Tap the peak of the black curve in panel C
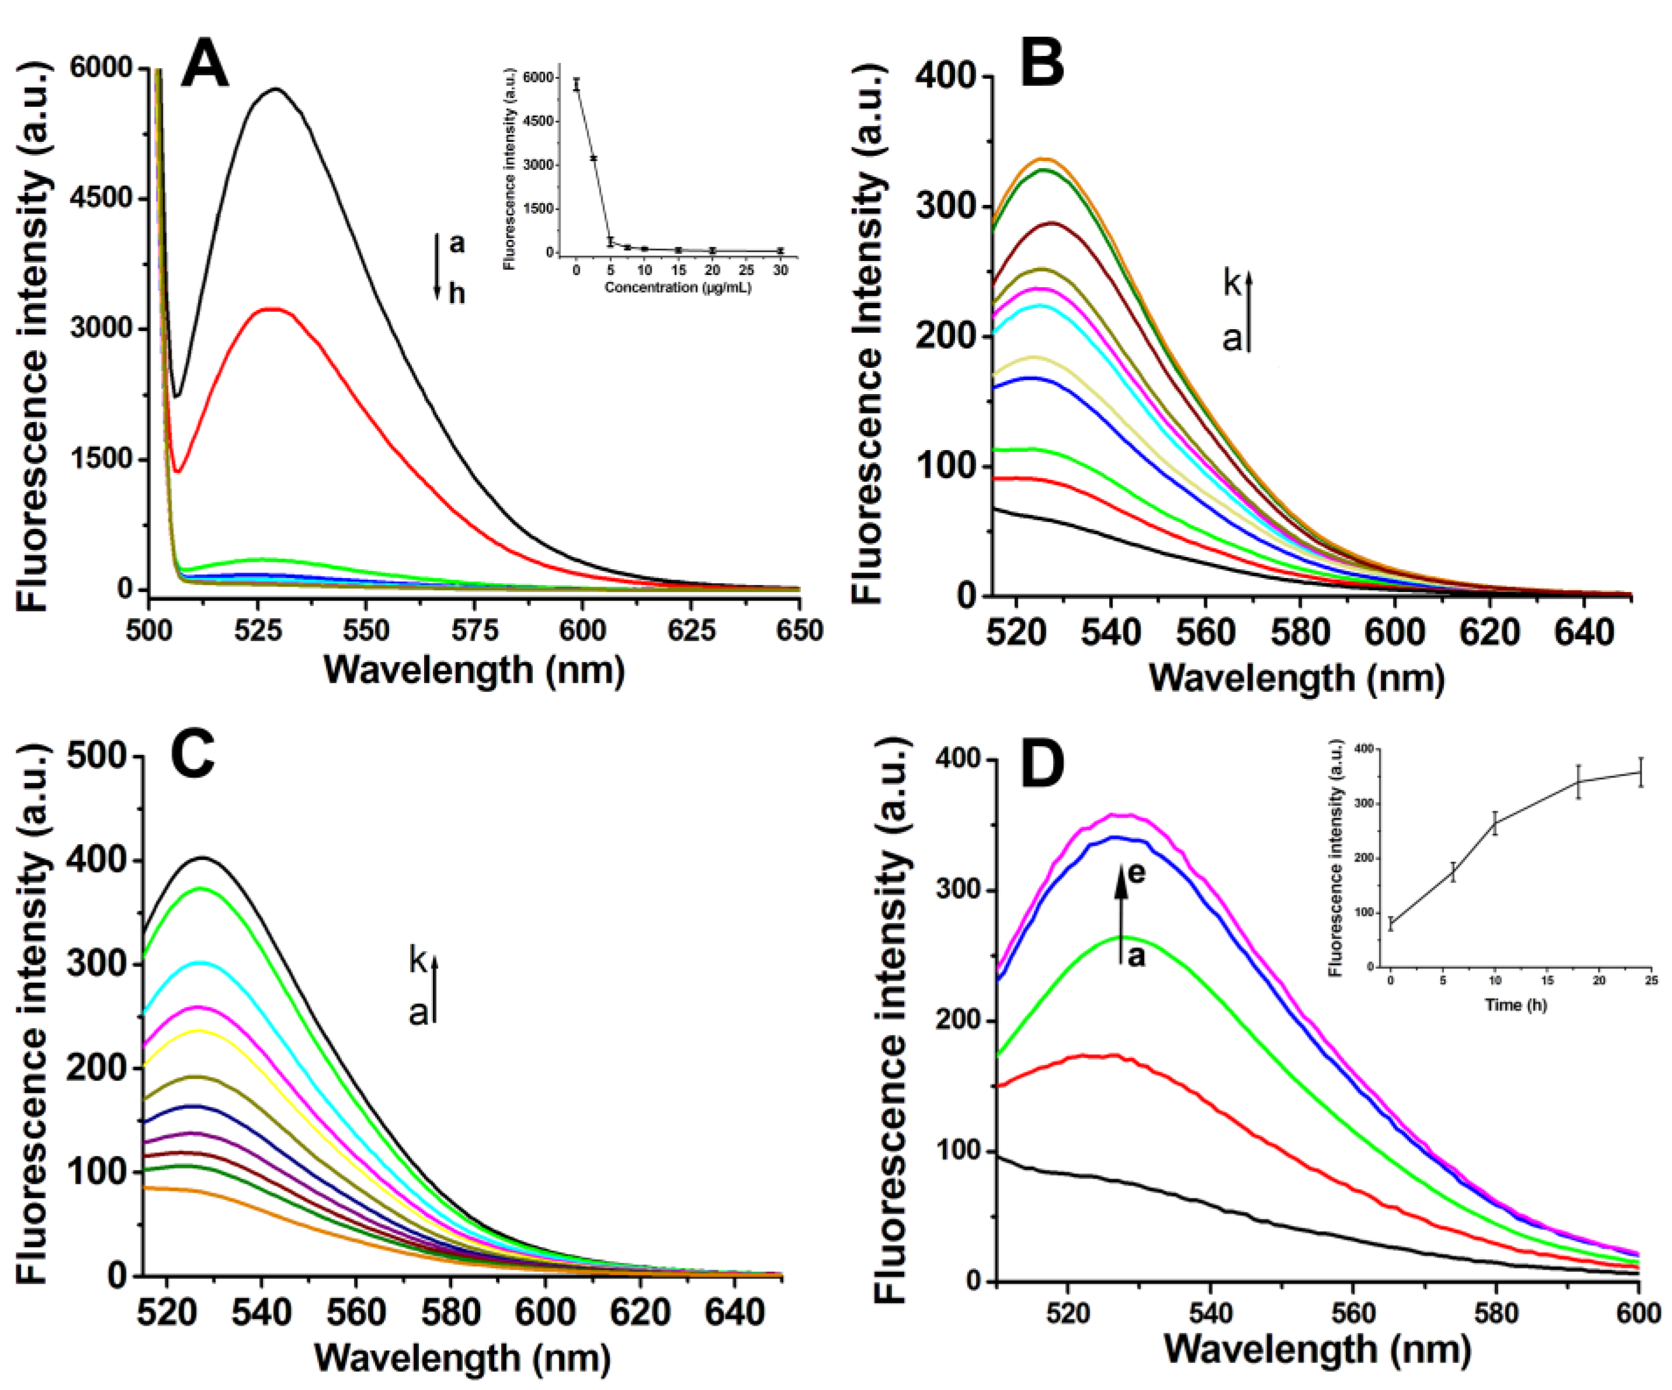click(203, 858)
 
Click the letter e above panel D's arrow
click(1137, 873)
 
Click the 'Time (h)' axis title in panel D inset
click(1515, 1005)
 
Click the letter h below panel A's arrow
click(456, 293)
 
